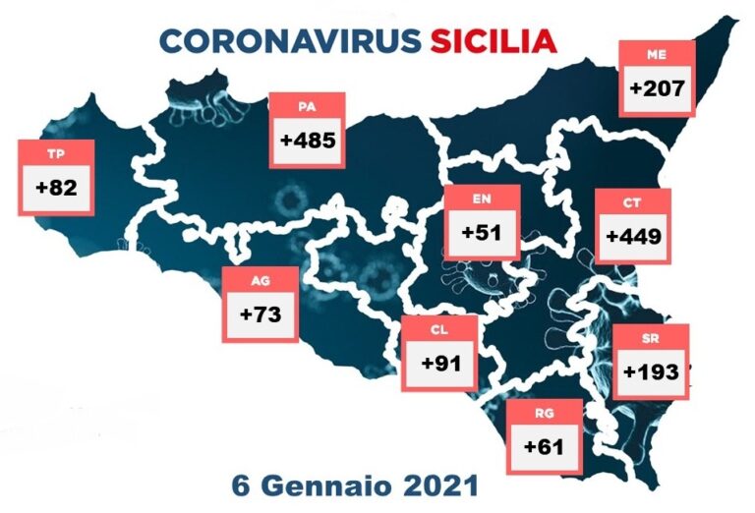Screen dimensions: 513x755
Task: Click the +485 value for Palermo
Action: tap(309, 141)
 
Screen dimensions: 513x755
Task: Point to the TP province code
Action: tap(56, 152)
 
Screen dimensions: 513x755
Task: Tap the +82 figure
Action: tap(56, 186)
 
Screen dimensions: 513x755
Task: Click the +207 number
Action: tap(657, 88)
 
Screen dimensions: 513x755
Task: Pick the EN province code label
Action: tap(481, 199)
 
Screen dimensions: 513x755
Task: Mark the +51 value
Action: tap(481, 233)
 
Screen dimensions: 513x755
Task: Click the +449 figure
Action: tap(632, 237)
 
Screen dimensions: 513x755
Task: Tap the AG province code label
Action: tap(261, 281)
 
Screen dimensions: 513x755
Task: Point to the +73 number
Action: tap(261, 315)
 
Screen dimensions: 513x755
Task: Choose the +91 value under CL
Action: tap(441, 362)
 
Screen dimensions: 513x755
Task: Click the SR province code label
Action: tap(651, 339)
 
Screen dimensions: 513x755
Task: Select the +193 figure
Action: tap(651, 372)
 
